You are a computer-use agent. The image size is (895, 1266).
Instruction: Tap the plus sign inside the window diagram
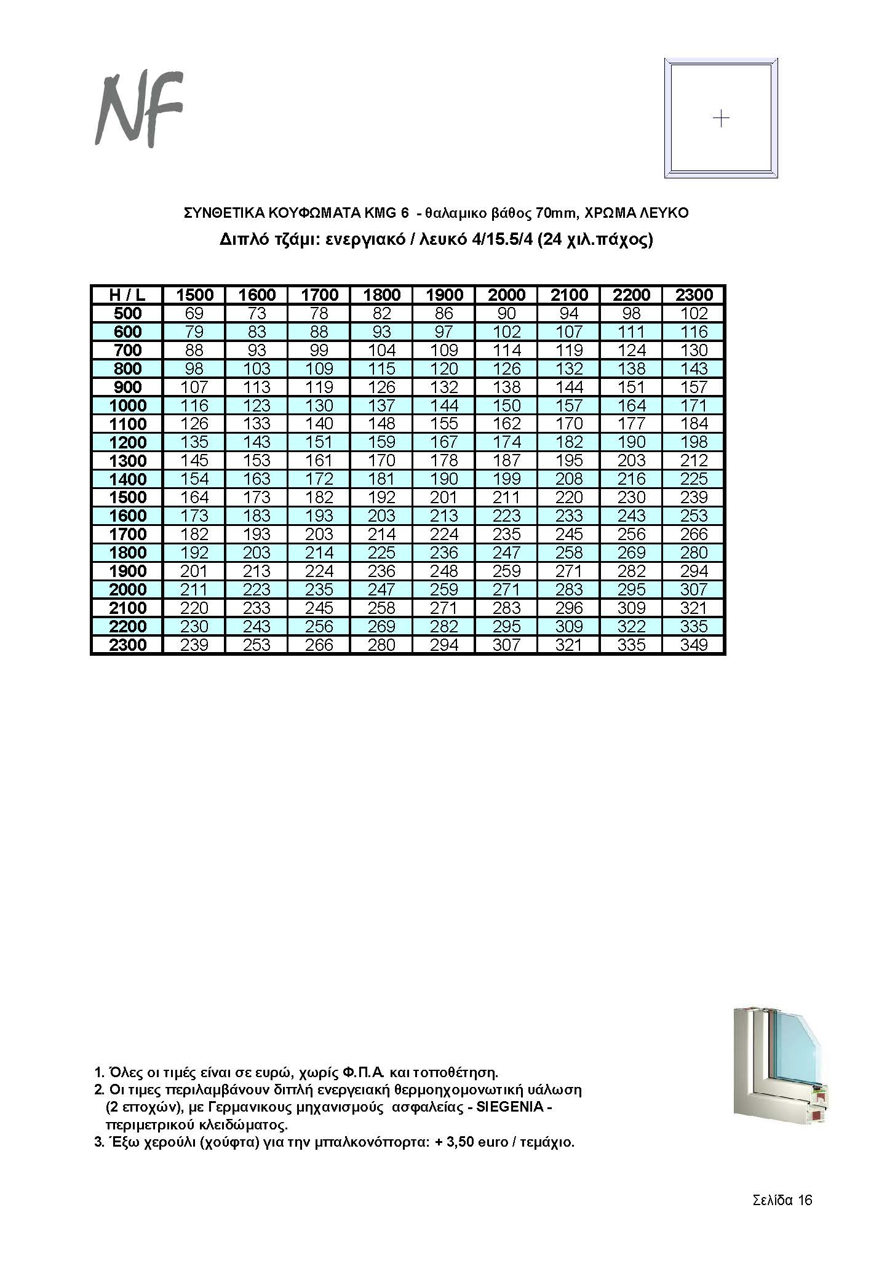720,118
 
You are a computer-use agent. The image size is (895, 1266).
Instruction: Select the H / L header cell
127,295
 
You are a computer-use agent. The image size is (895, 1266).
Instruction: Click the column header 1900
444,295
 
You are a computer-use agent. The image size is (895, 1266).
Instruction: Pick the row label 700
127,350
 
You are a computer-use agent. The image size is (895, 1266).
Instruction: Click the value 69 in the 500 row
194,313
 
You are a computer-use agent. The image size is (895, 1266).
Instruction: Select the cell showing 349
693,645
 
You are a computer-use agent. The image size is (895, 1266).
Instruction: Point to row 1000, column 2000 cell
506,405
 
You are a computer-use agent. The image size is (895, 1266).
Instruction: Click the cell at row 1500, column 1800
381,497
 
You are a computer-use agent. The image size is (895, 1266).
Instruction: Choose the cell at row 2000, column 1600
257,589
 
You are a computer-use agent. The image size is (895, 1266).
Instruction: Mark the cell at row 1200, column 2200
631,442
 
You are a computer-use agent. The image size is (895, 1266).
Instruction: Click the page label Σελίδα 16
782,1200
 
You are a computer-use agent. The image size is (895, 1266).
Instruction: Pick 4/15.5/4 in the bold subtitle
501,239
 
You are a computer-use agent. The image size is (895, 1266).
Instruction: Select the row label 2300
127,645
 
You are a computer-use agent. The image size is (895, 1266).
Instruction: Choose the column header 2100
569,295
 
